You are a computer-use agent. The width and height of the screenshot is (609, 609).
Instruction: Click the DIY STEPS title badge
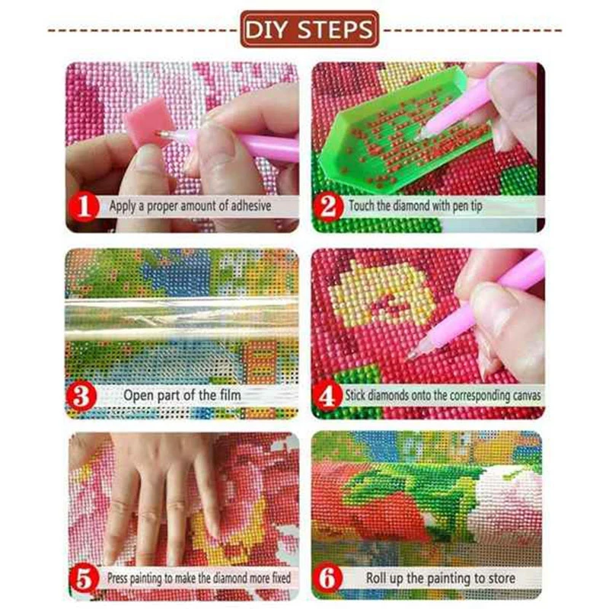(x=310, y=29)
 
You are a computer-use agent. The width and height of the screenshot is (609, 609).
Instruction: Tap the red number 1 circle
(x=84, y=206)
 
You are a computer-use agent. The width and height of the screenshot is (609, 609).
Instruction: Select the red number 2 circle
(x=328, y=206)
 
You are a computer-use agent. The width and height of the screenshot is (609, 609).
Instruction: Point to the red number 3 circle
(x=81, y=396)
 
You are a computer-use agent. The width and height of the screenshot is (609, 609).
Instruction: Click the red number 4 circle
(x=327, y=396)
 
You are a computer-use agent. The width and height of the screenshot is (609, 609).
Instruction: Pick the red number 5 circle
(x=84, y=579)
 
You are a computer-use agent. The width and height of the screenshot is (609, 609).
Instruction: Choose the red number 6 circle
(x=328, y=578)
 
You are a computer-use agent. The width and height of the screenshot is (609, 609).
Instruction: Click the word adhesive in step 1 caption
(x=251, y=206)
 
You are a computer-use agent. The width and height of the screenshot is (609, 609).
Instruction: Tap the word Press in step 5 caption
(x=117, y=578)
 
